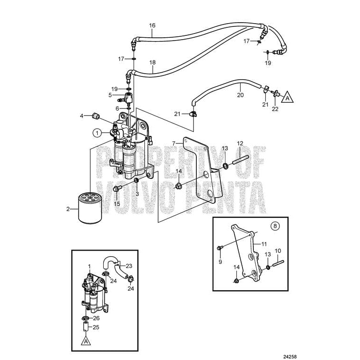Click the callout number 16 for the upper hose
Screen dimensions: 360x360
(x=152, y=25)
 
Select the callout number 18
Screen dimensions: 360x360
(x=152, y=62)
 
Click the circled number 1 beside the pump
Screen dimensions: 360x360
(x=97, y=133)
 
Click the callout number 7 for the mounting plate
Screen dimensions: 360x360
(x=174, y=142)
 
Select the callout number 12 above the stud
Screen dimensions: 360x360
(x=240, y=143)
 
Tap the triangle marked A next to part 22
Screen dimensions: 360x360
(x=289, y=98)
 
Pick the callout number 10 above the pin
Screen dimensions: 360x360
(x=278, y=250)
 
